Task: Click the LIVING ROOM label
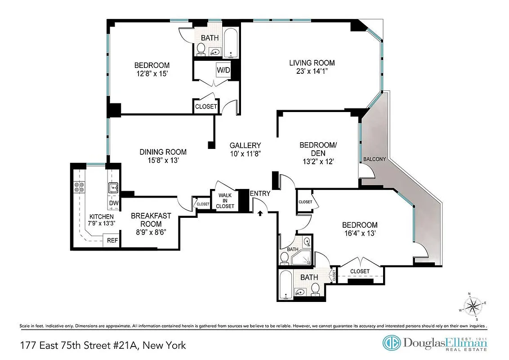tap(312, 63)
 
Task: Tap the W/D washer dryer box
tap(223, 70)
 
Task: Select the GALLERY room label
tap(245, 145)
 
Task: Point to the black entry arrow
tap(260, 213)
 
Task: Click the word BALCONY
tap(374, 159)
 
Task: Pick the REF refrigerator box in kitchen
tap(112, 241)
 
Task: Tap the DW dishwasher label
tap(114, 203)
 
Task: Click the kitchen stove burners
tap(80, 187)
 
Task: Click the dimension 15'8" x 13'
tap(163, 161)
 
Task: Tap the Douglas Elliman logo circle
tap(391, 343)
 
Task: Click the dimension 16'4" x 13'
tap(359, 234)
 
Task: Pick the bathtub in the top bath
tap(230, 45)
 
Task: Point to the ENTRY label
tap(260, 193)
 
